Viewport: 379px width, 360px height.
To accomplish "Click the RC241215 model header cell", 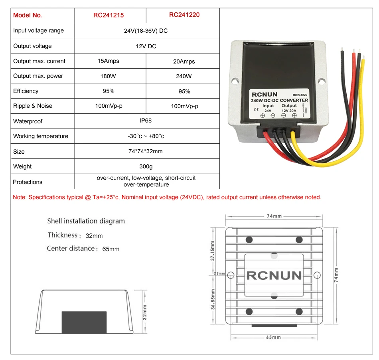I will (109, 15).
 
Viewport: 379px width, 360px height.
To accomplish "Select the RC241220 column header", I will (184, 15).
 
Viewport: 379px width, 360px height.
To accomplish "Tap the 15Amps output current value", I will (109, 61).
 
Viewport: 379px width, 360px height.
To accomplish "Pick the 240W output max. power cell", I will (184, 76).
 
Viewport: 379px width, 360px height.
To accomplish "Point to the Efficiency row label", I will (26, 91).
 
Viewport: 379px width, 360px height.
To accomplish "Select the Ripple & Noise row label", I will (33, 106).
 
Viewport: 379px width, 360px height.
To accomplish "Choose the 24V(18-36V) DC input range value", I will (146, 31).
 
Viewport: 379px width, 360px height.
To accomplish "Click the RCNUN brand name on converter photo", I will (264, 95).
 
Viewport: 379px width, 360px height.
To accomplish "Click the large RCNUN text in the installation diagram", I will (274, 275).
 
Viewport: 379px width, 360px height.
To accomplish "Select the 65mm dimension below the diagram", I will (273, 338).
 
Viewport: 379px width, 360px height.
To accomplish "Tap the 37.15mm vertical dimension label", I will (213, 252).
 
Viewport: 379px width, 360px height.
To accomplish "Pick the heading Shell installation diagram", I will (86, 221).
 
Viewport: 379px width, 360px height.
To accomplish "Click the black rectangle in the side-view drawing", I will (84, 322).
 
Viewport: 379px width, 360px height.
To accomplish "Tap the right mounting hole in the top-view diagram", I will (317, 275).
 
